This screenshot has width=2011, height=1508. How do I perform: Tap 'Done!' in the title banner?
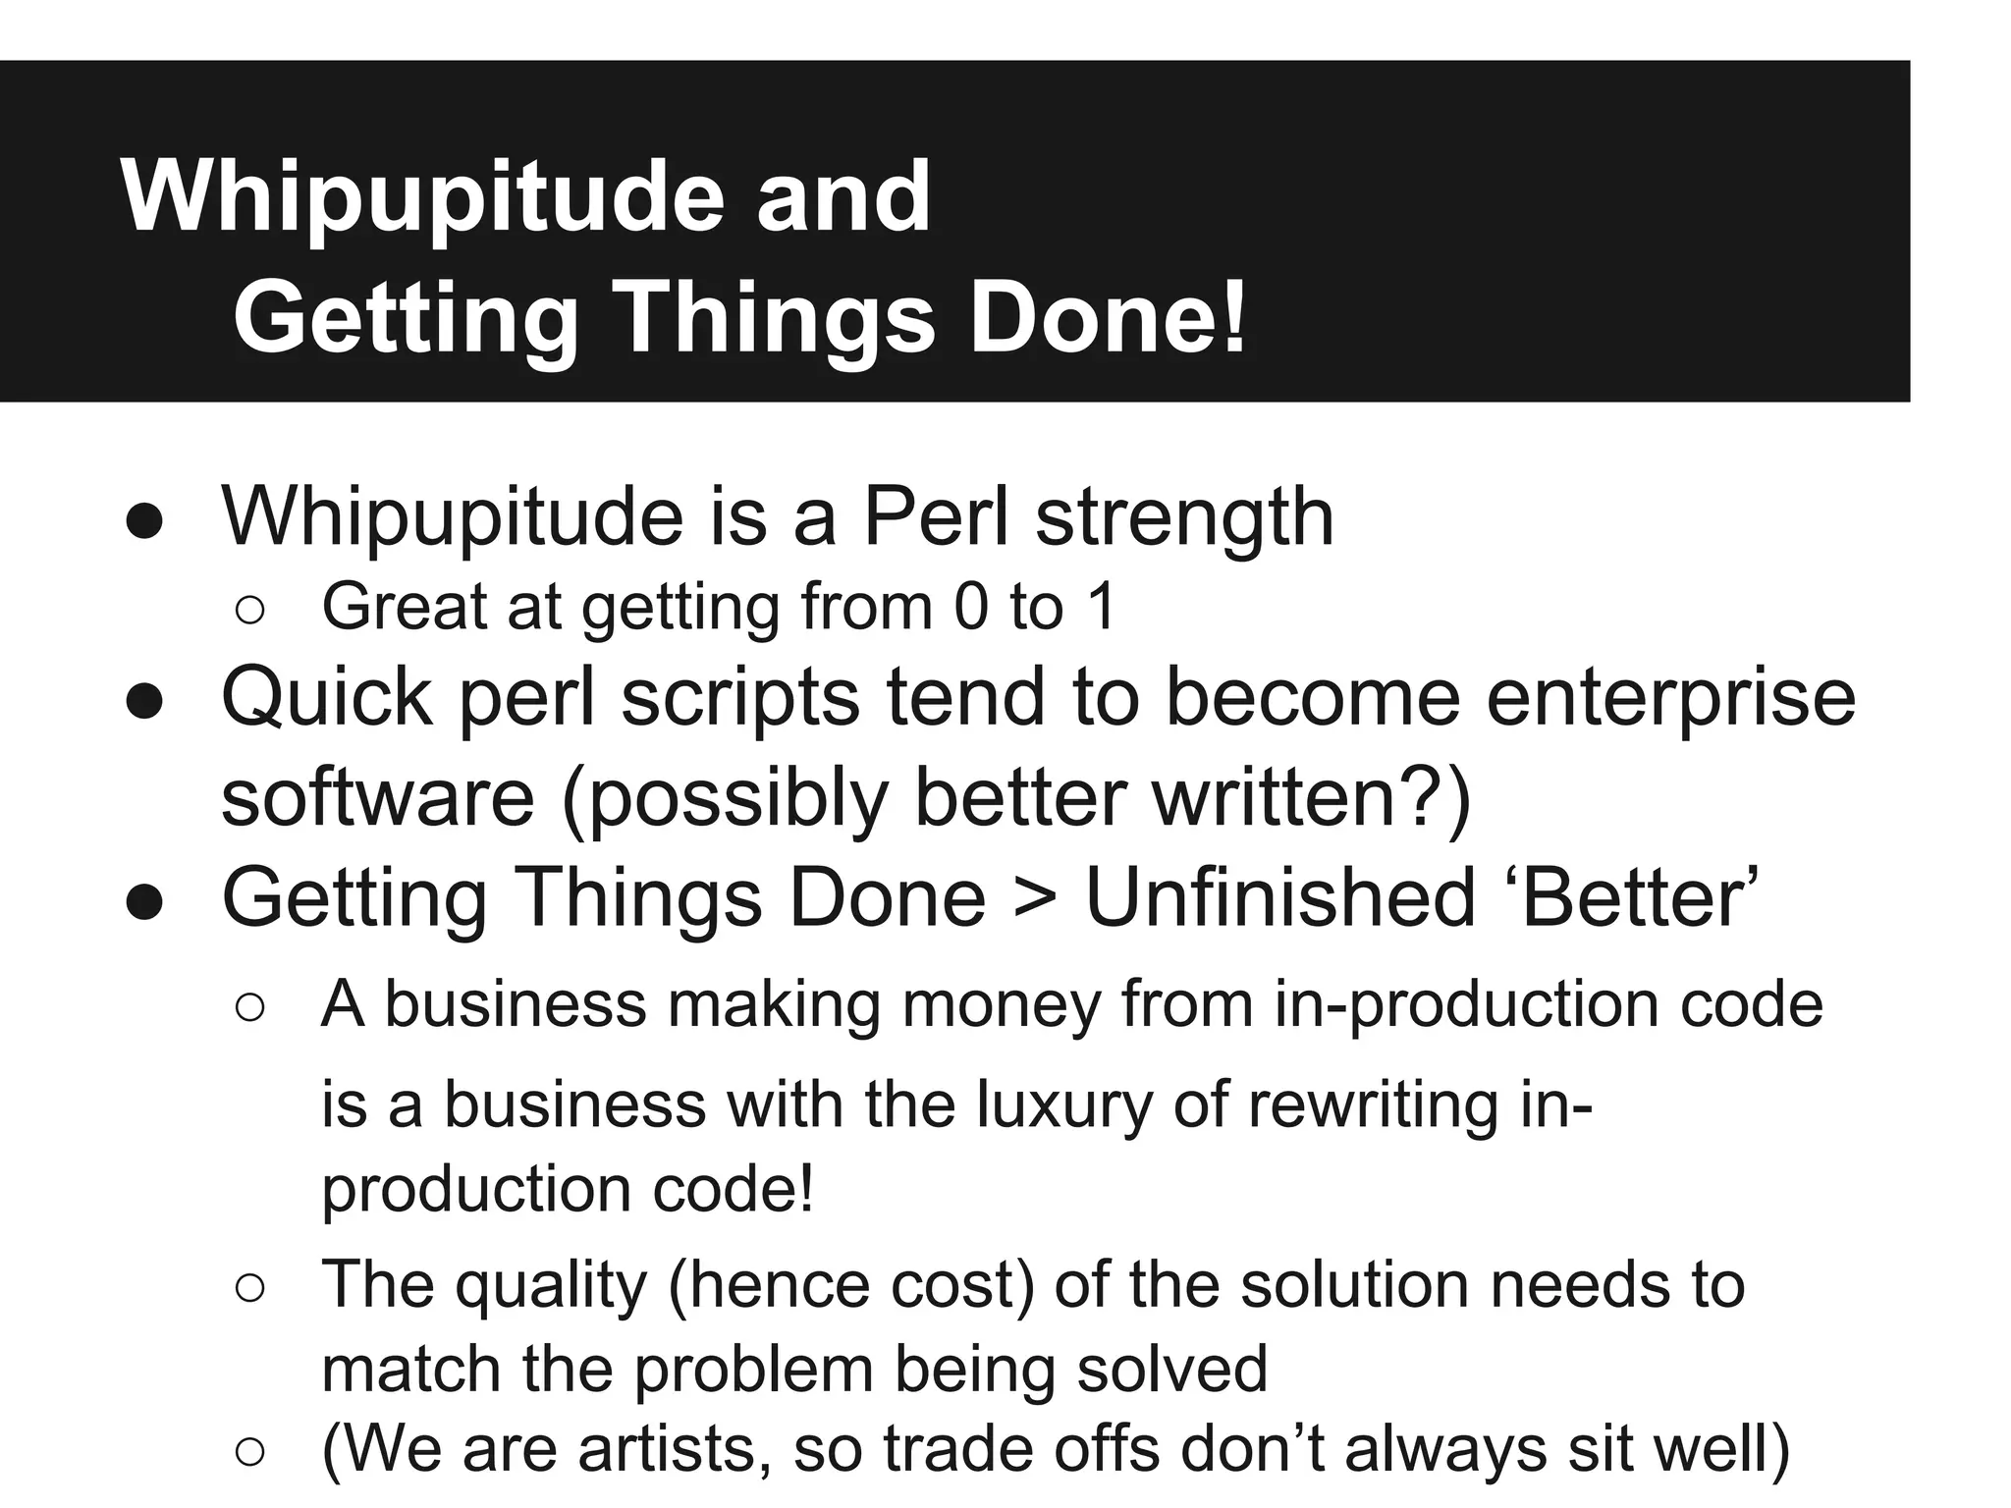coord(1108,318)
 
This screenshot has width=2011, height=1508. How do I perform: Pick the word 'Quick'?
coord(326,697)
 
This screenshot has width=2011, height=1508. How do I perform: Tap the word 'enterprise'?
coord(1670,699)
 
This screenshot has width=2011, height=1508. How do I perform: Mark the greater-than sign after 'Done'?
coord(1035,897)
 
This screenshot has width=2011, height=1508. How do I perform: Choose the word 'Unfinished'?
coord(1280,897)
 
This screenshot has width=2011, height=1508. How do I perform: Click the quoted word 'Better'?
coord(1635,897)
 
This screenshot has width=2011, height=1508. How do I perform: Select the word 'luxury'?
coord(1063,1104)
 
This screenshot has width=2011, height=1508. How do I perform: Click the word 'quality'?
coord(550,1285)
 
